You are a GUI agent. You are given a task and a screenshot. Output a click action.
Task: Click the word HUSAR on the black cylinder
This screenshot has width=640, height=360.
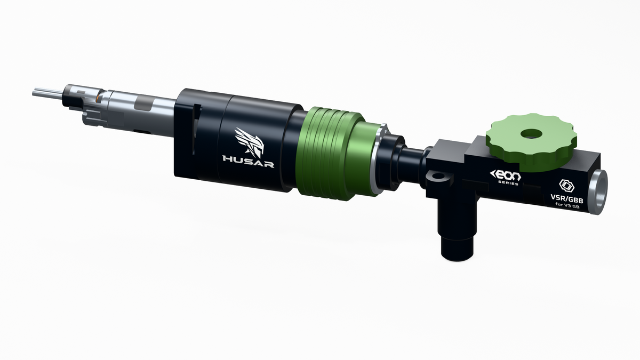click(248, 161)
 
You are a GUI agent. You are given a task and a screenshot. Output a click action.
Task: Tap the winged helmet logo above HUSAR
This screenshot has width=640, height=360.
click(250, 142)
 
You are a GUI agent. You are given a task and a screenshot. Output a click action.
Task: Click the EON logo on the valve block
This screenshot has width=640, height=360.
click(506, 174)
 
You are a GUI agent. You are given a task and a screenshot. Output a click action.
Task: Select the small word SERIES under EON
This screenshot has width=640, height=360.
click(508, 182)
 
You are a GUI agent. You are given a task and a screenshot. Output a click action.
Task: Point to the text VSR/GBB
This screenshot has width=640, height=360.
click(567, 199)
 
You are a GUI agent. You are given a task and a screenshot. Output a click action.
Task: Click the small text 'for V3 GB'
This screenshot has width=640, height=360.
click(567, 205)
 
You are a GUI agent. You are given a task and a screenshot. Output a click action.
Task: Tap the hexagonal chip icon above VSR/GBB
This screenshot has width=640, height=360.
click(566, 186)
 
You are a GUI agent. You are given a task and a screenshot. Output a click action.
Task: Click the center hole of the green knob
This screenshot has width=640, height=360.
click(531, 133)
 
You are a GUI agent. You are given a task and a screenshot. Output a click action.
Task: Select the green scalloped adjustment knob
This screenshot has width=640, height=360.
click(531, 142)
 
